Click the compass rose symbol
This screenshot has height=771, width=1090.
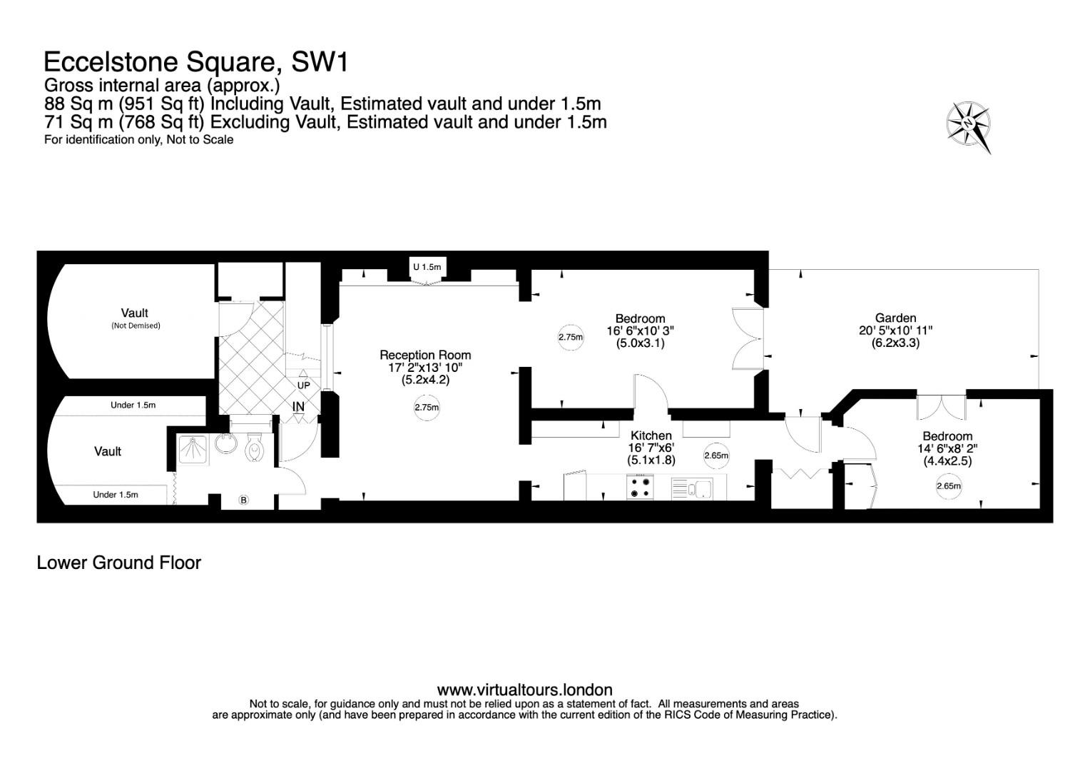pyautogui.click(x=968, y=126)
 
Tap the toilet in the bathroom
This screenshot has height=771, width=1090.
pyautogui.click(x=254, y=447)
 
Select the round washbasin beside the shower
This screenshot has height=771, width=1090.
pyautogui.click(x=225, y=443)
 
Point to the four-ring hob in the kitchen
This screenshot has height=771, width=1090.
pyautogui.click(x=640, y=487)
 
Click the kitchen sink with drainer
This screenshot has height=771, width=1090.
pyautogui.click(x=692, y=488)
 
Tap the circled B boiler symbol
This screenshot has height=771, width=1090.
pyautogui.click(x=244, y=500)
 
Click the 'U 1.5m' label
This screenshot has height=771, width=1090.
pyautogui.click(x=427, y=267)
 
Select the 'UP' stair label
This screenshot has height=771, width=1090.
pyautogui.click(x=304, y=385)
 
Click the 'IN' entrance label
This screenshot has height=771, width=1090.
pyautogui.click(x=298, y=406)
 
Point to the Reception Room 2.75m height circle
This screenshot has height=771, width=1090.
pyautogui.click(x=427, y=408)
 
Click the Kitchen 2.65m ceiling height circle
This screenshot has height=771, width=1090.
pyautogui.click(x=716, y=456)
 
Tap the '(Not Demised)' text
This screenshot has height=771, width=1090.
pyautogui.click(x=136, y=326)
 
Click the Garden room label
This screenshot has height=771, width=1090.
pyautogui.click(x=895, y=318)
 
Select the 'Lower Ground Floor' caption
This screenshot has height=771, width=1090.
pyautogui.click(x=118, y=563)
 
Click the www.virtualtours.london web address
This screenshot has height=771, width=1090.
pyautogui.click(x=524, y=690)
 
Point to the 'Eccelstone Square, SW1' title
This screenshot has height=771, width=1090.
pyautogui.click(x=195, y=62)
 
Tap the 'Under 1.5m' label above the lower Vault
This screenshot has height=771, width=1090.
pyautogui.click(x=133, y=405)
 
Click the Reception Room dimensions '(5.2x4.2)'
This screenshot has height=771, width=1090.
pyautogui.click(x=425, y=380)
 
